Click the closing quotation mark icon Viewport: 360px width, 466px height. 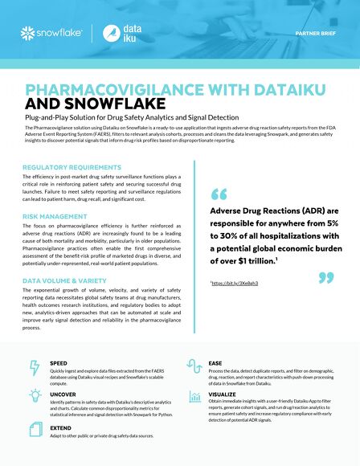coord(325,279)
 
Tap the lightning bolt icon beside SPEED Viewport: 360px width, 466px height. coord(34,367)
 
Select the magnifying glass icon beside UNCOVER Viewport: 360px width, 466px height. coord(34,398)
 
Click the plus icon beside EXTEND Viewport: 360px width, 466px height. coord(34,430)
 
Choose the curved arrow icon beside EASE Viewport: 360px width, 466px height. coord(194,366)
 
